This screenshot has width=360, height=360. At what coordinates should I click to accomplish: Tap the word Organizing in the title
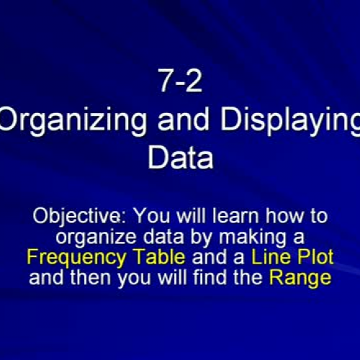coord(68,122)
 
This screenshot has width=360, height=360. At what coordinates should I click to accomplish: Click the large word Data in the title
coord(180,157)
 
